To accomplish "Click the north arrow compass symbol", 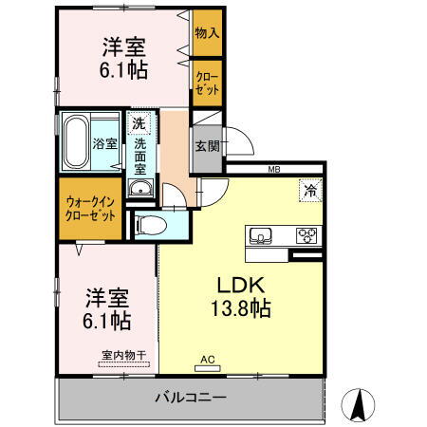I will coord(361,405).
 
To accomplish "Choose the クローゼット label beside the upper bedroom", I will coord(206,82).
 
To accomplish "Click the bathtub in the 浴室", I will coord(75,141).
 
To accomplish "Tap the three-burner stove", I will coord(306,235).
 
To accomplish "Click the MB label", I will coord(273,170).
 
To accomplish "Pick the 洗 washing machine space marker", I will coord(139,123).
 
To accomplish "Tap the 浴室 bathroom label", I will coord(104,145).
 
